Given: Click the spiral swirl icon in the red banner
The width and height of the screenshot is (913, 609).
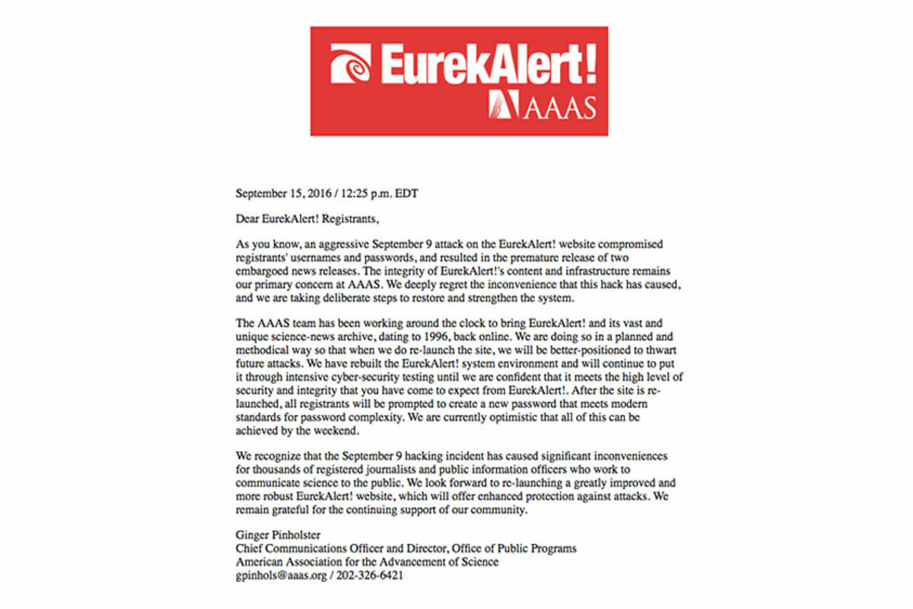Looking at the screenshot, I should coord(351,63).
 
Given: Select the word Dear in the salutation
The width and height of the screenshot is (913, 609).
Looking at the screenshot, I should coord(247,219).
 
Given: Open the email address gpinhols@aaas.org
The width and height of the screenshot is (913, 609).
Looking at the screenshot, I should coord(280,576).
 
